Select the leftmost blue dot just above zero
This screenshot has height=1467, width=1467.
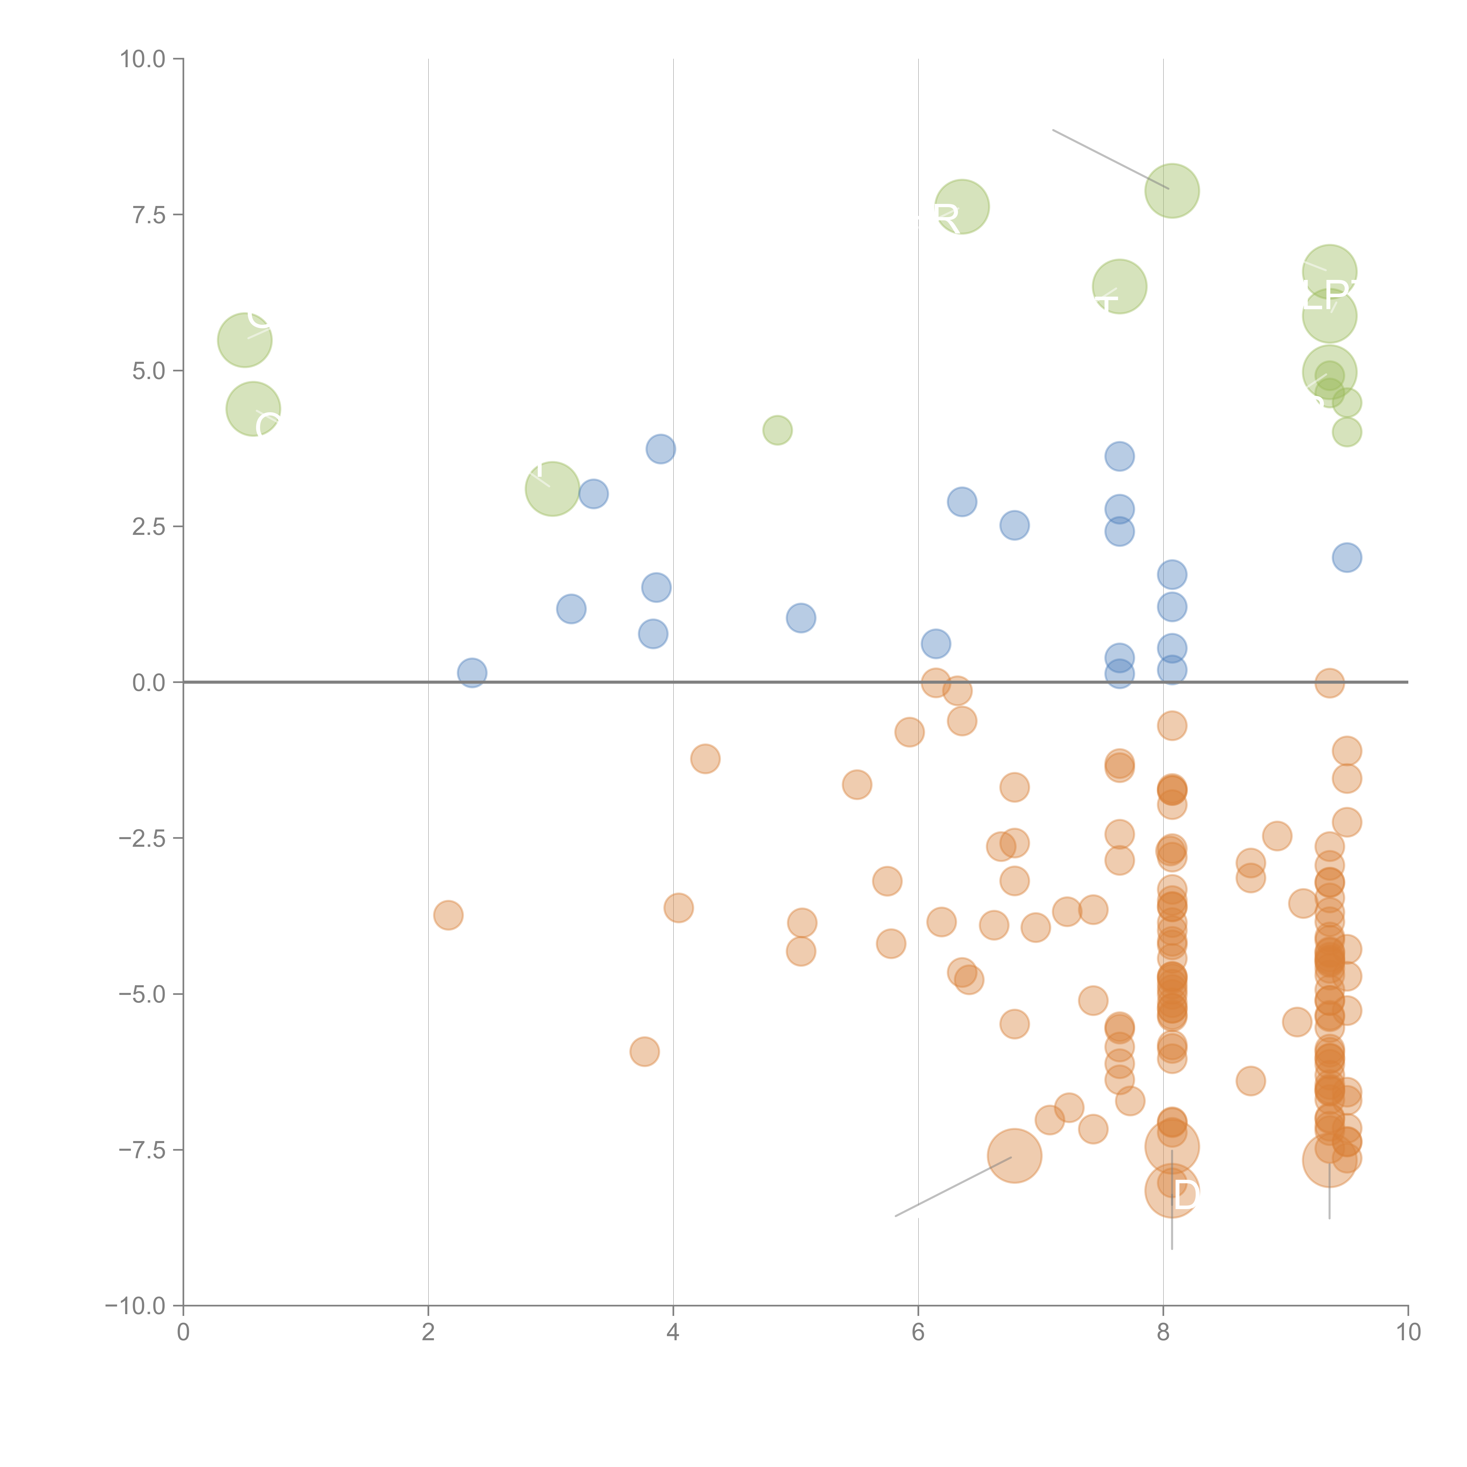point(471,673)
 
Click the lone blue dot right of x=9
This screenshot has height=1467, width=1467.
point(1346,557)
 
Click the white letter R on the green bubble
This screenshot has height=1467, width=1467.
point(947,219)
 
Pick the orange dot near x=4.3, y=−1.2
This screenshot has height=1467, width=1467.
point(705,758)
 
